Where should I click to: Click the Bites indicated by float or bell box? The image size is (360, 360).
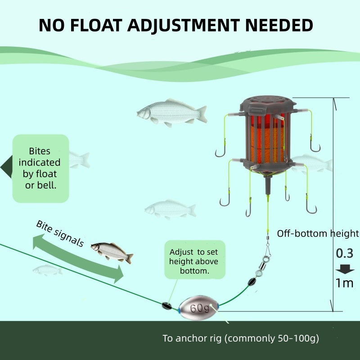coord(40,168)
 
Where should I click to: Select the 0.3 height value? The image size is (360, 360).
coord(345,253)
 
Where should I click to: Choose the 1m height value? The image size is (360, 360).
coord(345,283)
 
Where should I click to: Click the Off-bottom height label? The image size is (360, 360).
coord(318,234)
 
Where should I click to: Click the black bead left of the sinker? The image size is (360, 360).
coord(166,305)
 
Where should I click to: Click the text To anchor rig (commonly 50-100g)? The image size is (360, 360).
coord(240,338)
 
